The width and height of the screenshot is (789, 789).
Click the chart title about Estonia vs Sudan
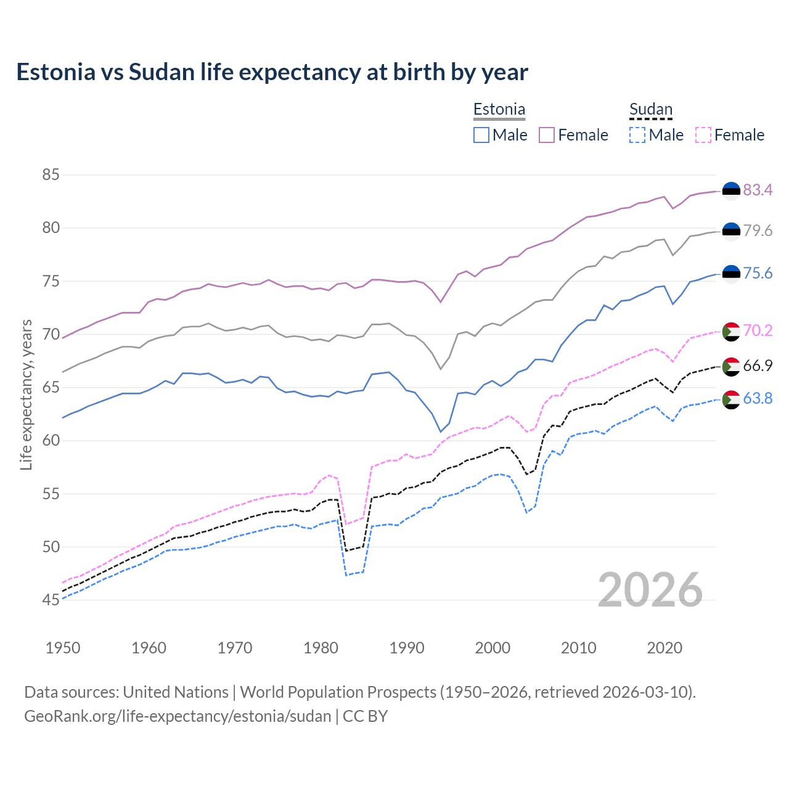click(272, 72)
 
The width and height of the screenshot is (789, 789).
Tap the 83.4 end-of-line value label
click(758, 190)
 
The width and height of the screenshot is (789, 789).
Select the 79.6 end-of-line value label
click(758, 231)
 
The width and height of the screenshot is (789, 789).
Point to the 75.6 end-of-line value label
click(758, 273)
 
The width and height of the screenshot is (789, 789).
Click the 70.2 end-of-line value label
click(758, 330)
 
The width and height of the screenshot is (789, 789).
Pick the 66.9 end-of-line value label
click(758, 366)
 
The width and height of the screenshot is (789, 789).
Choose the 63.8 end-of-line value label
click(758, 398)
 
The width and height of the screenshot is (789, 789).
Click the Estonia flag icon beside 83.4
click(731, 191)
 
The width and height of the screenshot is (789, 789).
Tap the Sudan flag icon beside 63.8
click(731, 399)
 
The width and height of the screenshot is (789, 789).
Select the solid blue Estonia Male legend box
click(481, 135)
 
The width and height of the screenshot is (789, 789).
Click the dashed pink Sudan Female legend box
click(703, 135)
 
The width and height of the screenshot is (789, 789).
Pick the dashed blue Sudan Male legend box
click(637, 135)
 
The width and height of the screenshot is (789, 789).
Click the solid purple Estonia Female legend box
click(547, 135)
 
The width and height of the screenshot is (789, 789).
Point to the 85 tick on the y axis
click(51, 175)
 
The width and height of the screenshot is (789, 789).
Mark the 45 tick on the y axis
click(51, 600)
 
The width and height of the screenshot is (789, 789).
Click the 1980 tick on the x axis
click(321, 648)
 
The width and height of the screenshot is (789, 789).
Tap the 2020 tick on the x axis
click(664, 648)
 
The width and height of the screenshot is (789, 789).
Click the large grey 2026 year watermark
click(650, 590)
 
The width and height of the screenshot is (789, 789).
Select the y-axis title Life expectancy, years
click(26, 394)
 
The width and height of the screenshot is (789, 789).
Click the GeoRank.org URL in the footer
click(178, 716)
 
